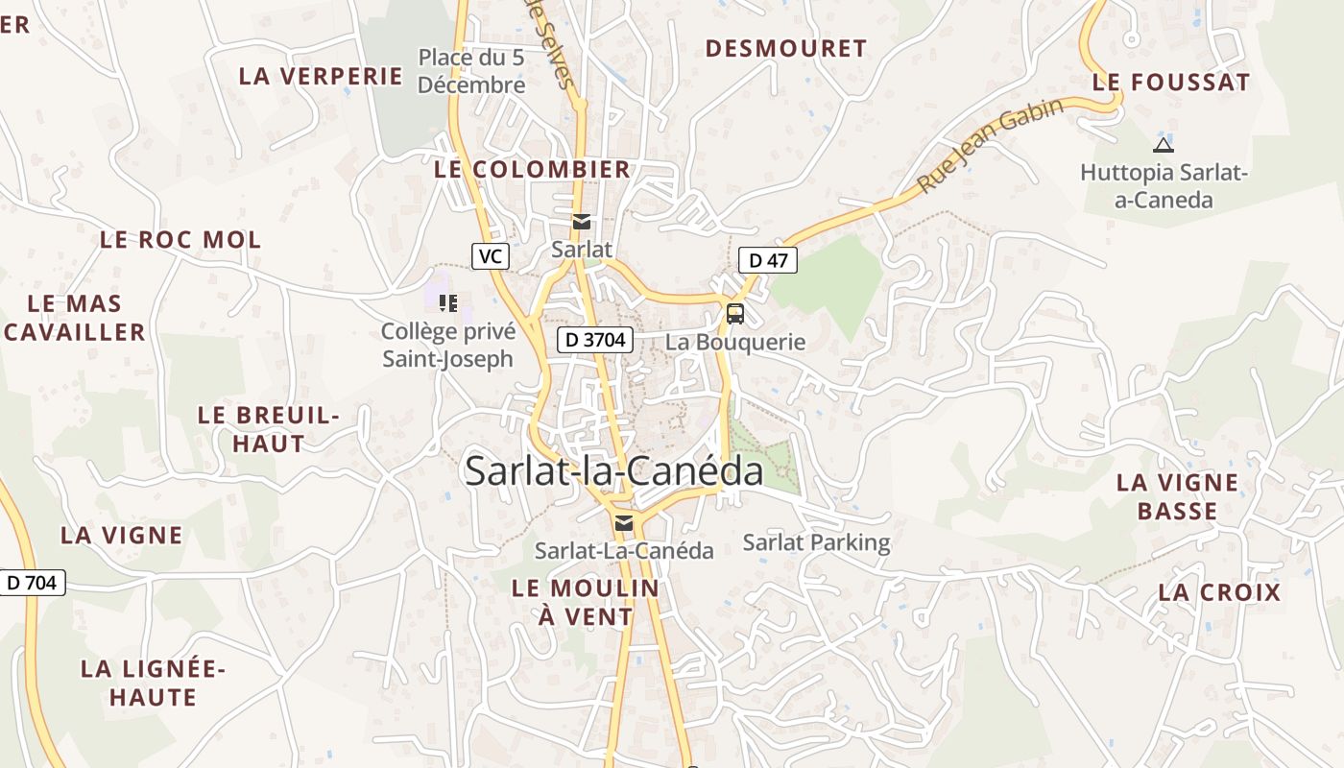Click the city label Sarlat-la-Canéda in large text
pos(614,470)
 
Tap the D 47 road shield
pos(768,259)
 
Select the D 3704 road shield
pos(595,339)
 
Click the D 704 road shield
pos(32,582)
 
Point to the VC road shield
pos(490,256)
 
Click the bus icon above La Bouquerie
pos(735,313)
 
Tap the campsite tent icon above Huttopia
pos(1164,146)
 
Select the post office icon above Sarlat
pos(581,222)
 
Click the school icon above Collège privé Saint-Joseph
pos(447,303)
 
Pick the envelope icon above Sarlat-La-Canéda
pos(624,522)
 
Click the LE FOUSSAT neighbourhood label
pos(1171,83)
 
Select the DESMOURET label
pos(786,48)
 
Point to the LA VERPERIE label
pos(321,76)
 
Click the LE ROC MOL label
pos(180,240)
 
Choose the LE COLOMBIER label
pos(533,169)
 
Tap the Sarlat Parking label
pos(817,542)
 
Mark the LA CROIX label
pos(1219,591)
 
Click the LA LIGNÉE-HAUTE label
pos(153,682)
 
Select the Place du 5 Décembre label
pos(471,71)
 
